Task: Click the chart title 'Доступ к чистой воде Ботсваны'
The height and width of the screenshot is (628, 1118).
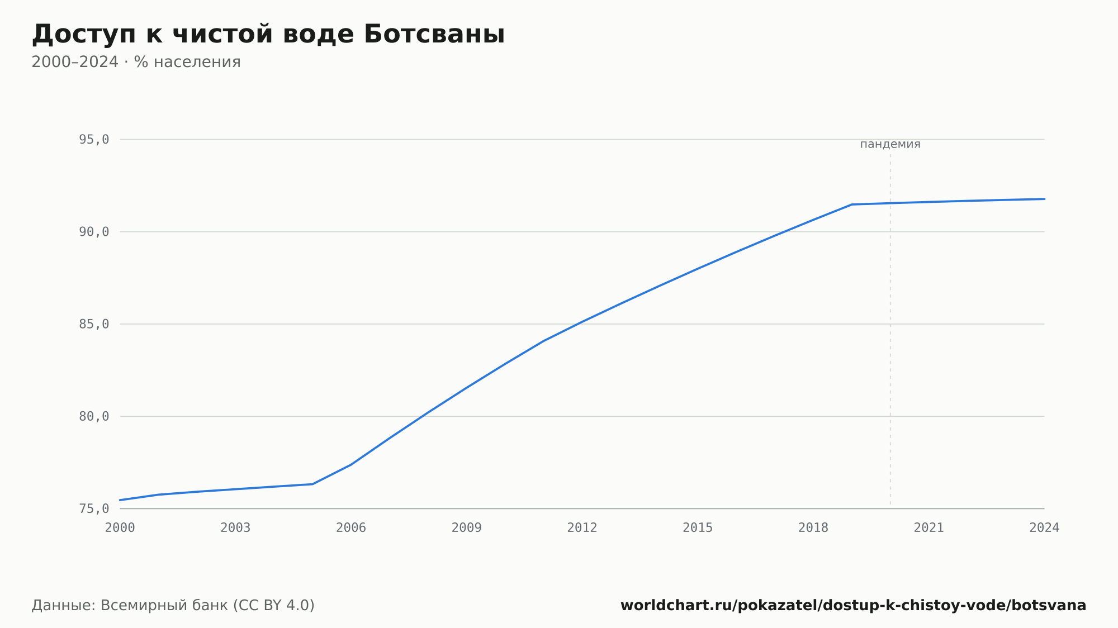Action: pyautogui.click(x=268, y=34)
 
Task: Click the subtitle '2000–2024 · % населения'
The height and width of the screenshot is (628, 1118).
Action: pyautogui.click(x=136, y=62)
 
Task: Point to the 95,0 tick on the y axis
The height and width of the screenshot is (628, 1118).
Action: pyautogui.click(x=94, y=140)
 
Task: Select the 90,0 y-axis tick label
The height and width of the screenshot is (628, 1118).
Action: pyautogui.click(x=94, y=232)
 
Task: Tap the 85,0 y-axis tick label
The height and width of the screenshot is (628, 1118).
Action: pyautogui.click(x=94, y=324)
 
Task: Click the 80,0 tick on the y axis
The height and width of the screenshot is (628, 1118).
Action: pyautogui.click(x=94, y=416)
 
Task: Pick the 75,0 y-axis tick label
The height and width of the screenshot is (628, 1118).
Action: pyautogui.click(x=94, y=508)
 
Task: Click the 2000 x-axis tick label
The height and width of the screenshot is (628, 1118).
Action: pyautogui.click(x=120, y=528)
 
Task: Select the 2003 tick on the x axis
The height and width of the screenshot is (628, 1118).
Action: pyautogui.click(x=235, y=528)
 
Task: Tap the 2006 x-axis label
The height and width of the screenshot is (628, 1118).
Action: pyautogui.click(x=351, y=528)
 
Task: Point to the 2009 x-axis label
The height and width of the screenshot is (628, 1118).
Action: pyautogui.click(x=467, y=528)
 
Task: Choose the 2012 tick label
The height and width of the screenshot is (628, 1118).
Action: pyautogui.click(x=582, y=528)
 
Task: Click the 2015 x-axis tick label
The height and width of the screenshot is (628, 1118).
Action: pyautogui.click(x=698, y=528)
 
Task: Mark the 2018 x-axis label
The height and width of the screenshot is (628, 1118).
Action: pyautogui.click(x=813, y=528)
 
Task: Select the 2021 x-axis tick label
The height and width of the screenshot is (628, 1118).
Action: pyautogui.click(x=929, y=528)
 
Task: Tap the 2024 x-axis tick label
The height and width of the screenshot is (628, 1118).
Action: pyautogui.click(x=1044, y=528)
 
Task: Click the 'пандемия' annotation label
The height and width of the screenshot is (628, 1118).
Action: pyautogui.click(x=890, y=144)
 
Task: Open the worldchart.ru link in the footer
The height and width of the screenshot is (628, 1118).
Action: pyautogui.click(x=853, y=606)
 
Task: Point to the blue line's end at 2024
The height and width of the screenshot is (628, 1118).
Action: pyautogui.click(x=1044, y=199)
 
